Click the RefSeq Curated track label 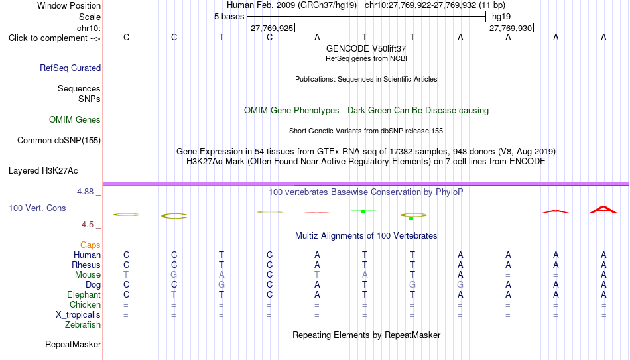click(70, 68)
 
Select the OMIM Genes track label click(75, 120)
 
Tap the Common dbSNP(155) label click(59, 141)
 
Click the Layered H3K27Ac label click(43, 171)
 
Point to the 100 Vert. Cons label click(37, 208)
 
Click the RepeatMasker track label click(73, 344)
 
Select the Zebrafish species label click(83, 324)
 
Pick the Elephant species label click(84, 294)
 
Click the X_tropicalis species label click(78, 315)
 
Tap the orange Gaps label click(90, 245)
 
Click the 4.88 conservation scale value click(85, 192)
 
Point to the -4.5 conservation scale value click(86, 225)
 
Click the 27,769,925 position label click(272, 28)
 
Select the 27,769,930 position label click(511, 28)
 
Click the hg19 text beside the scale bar click(501, 17)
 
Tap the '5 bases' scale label click(229, 17)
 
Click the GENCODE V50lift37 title click(366, 48)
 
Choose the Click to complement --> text click(54, 38)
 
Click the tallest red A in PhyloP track click(603, 210)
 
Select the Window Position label click(69, 5)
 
